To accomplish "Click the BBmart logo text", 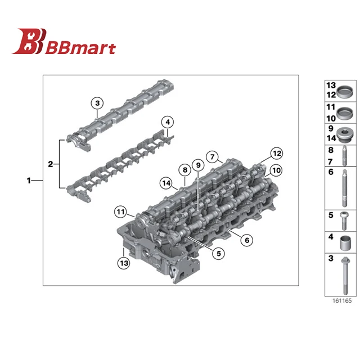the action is [x=80, y=48].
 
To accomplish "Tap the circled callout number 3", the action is [x=97, y=103].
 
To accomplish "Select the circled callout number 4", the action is [x=168, y=122].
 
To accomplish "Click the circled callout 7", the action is [x=213, y=157].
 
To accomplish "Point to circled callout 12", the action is [x=276, y=154].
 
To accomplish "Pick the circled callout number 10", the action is [x=276, y=170].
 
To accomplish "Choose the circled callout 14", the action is [x=166, y=183].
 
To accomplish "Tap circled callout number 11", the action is [x=120, y=211].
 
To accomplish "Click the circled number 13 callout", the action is [x=124, y=263].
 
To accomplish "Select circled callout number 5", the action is [x=218, y=254].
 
